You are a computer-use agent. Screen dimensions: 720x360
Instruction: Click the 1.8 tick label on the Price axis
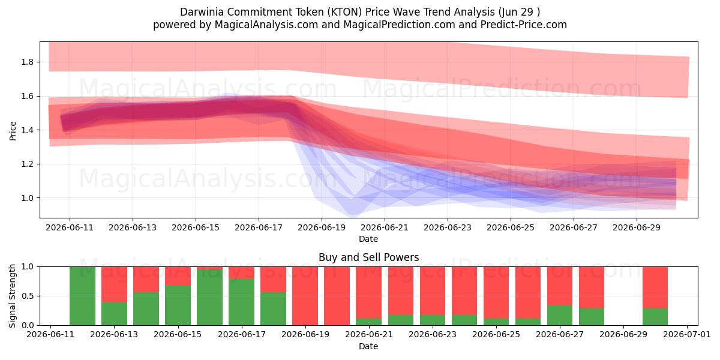click(x=28, y=62)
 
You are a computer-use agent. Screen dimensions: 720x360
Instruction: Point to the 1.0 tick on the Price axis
click(x=28, y=198)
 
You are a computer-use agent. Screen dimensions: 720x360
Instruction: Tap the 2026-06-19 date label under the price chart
click(x=322, y=227)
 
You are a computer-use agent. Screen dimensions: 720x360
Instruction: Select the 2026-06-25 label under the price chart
click(x=511, y=227)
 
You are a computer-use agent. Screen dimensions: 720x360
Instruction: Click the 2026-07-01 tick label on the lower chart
click(x=687, y=334)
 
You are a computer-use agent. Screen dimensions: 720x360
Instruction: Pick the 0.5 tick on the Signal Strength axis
click(x=28, y=296)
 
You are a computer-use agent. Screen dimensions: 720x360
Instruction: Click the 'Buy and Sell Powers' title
click(x=368, y=257)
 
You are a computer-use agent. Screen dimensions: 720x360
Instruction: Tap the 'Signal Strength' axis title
click(x=12, y=296)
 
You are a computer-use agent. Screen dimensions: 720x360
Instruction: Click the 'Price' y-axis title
click(x=13, y=131)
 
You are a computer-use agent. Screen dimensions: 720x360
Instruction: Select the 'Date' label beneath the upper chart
click(x=368, y=239)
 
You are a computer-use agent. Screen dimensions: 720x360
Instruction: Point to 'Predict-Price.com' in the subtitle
click(x=524, y=25)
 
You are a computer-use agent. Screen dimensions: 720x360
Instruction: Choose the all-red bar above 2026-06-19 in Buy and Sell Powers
click(x=305, y=296)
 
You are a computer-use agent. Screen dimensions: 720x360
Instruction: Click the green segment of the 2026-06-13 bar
click(x=114, y=314)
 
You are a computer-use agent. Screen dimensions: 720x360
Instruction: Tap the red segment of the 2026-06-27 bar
click(x=560, y=286)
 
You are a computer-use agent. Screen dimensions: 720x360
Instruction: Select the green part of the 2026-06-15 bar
click(x=178, y=305)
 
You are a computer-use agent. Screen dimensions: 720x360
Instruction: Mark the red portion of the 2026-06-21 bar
click(x=368, y=293)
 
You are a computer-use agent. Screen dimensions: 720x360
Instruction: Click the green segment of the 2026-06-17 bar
click(x=241, y=302)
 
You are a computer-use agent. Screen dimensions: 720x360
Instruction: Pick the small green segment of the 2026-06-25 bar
click(x=496, y=322)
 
